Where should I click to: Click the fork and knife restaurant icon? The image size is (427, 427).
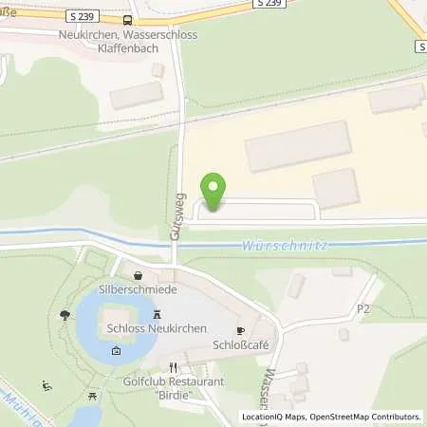(x=173, y=366)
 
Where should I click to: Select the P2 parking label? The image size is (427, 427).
(x=362, y=309)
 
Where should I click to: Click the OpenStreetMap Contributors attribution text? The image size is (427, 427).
(x=363, y=417)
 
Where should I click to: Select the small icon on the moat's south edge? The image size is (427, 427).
(x=116, y=351)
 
